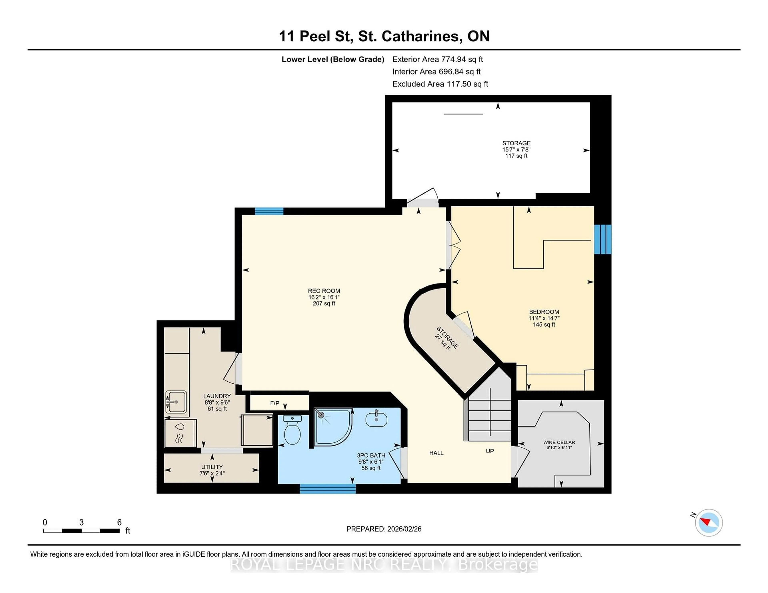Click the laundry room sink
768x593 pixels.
pyautogui.click(x=176, y=402)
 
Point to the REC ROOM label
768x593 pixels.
pyautogui.click(x=324, y=291)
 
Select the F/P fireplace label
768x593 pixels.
pyautogui.click(x=275, y=403)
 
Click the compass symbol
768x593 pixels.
pyautogui.click(x=709, y=522)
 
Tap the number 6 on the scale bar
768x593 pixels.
pyautogui.click(x=119, y=522)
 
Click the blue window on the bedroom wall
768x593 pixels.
pyautogui.click(x=602, y=239)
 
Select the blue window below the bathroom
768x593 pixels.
pyautogui.click(x=327, y=489)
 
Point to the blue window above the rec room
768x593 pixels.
pyautogui.click(x=269, y=211)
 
